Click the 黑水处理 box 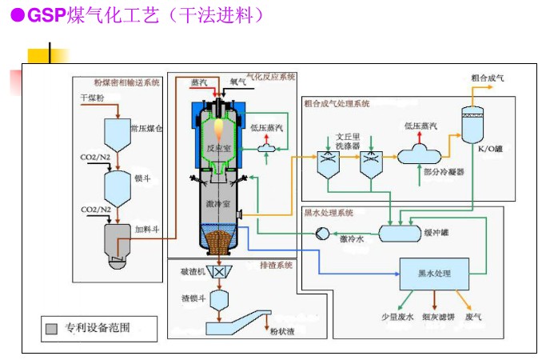coord(434,274)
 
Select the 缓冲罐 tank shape coord(400,233)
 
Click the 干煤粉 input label coord(94,98)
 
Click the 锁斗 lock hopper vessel coord(118,187)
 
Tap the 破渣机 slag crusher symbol coord(216,271)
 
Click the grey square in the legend coord(52,328)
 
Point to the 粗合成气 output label coord(488,78)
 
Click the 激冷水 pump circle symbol coord(321,233)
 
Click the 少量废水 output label coord(397,317)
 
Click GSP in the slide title coord(46,15)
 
